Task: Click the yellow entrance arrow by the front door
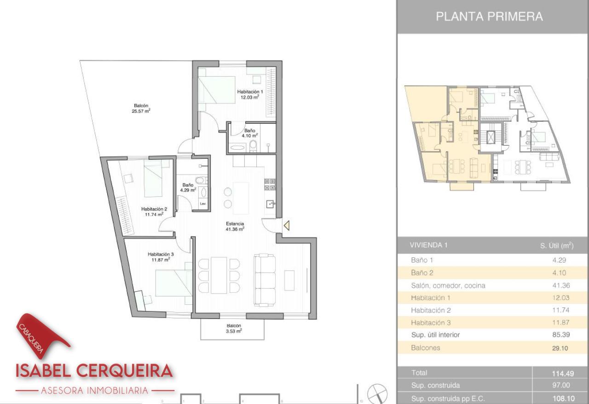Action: [x=287, y=225]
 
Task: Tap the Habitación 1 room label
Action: [x=250, y=94]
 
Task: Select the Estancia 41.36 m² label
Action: [x=235, y=226]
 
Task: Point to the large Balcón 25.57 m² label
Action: [x=141, y=108]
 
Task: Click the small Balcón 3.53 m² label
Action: [x=233, y=328]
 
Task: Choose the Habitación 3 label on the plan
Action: [x=161, y=257]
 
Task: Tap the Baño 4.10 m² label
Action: [x=249, y=133]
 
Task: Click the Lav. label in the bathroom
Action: [x=203, y=204]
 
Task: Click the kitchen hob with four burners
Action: [x=270, y=184]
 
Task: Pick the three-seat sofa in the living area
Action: [x=265, y=280]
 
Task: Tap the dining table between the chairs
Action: [x=219, y=275]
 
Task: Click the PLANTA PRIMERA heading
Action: [x=489, y=16]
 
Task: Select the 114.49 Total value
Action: [x=563, y=373]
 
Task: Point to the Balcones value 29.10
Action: [x=560, y=348]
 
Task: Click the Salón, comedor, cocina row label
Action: [x=448, y=285]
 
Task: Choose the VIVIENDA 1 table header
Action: [x=428, y=245]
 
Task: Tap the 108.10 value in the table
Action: [x=563, y=399]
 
